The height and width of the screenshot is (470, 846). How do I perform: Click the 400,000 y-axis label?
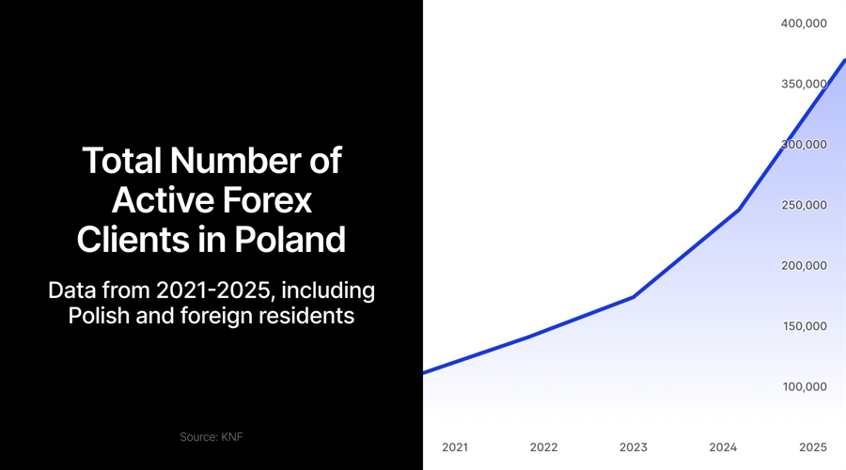(804, 23)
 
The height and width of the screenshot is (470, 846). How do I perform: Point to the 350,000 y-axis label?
(804, 84)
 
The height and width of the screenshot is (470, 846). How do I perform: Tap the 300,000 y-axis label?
(804, 144)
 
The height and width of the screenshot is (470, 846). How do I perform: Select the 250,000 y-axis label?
(804, 205)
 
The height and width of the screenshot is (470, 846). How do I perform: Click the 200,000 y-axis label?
(804, 265)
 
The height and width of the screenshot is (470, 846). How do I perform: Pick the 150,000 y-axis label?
(804, 326)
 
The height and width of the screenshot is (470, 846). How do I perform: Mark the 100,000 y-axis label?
(804, 386)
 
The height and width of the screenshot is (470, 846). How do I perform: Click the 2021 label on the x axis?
(454, 447)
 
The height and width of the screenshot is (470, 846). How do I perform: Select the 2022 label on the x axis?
(543, 447)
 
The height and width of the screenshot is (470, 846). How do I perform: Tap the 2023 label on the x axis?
(634, 447)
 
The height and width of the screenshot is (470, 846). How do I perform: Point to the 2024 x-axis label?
(723, 447)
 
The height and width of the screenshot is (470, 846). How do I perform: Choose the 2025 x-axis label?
(812, 447)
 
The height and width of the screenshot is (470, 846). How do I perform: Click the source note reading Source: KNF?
(211, 437)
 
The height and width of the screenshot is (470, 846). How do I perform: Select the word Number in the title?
(235, 161)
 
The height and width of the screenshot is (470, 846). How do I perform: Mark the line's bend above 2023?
(634, 297)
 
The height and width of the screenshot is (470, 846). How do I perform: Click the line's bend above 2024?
(738, 210)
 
